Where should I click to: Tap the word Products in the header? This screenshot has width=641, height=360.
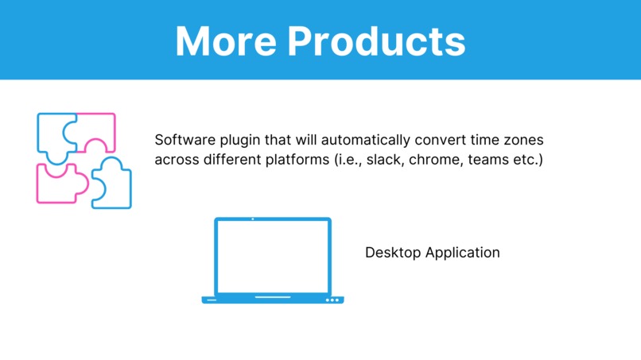pos(376,40)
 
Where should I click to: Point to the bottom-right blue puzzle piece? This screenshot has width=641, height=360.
pos(114,184)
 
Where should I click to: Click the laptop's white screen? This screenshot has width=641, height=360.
pos(273,257)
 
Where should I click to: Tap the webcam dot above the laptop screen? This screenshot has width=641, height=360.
pos(253,219)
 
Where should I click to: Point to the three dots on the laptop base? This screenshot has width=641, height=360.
pos(332,300)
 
